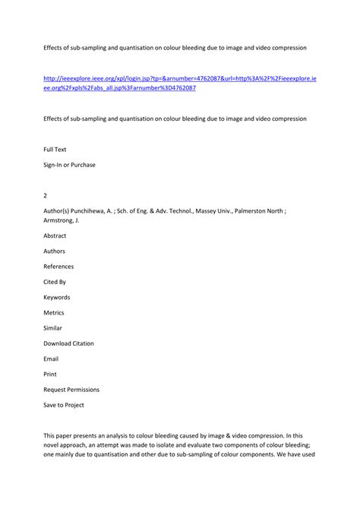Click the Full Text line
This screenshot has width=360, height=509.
pyautogui.click(x=55, y=150)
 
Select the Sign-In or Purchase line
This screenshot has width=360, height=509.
pyautogui.click(x=69, y=165)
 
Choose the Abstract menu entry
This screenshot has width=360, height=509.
pyautogui.click(x=55, y=236)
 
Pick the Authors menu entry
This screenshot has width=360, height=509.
pyautogui.click(x=55, y=251)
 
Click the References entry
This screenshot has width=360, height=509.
pyautogui.click(x=58, y=266)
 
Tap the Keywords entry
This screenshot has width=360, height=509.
pyautogui.click(x=57, y=297)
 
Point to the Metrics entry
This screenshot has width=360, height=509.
pyautogui.click(x=54, y=312)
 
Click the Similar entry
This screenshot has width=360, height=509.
pyautogui.click(x=52, y=327)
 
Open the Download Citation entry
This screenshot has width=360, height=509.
pyautogui.click(x=68, y=343)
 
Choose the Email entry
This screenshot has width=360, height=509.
pyautogui.click(x=51, y=359)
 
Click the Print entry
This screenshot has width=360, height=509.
pyautogui.click(x=50, y=374)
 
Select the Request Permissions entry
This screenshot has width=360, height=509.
pyautogui.click(x=71, y=390)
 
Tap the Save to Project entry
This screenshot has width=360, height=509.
pyautogui.click(x=64, y=405)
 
